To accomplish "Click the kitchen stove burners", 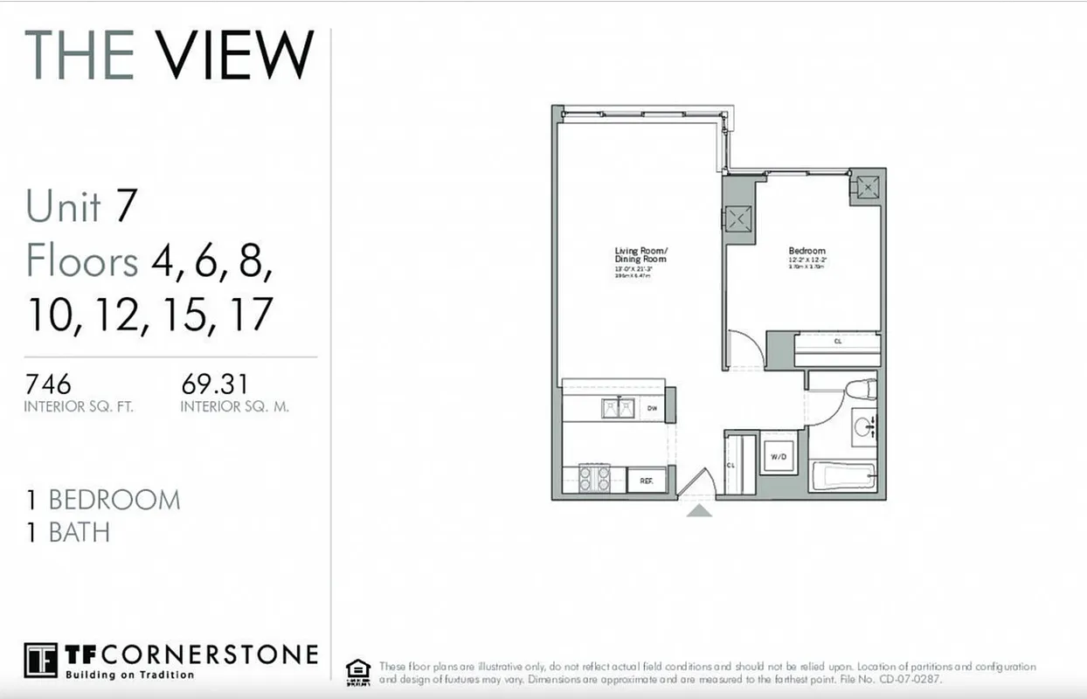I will tap(594, 478).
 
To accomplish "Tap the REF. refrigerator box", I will tap(647, 480).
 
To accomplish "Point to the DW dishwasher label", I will tap(652, 408).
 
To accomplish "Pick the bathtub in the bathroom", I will tap(842, 477).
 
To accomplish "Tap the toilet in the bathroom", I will tap(860, 390).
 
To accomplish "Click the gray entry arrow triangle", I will tap(698, 509).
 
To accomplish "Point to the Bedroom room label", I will tap(807, 250).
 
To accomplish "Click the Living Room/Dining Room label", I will tap(640, 255).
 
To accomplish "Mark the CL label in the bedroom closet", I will tap(837, 342).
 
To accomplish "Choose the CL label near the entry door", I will tap(731, 465).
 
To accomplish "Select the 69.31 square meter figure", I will tap(214, 384).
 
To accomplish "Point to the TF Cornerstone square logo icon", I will tap(40, 661).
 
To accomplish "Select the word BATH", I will tap(80, 532).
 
